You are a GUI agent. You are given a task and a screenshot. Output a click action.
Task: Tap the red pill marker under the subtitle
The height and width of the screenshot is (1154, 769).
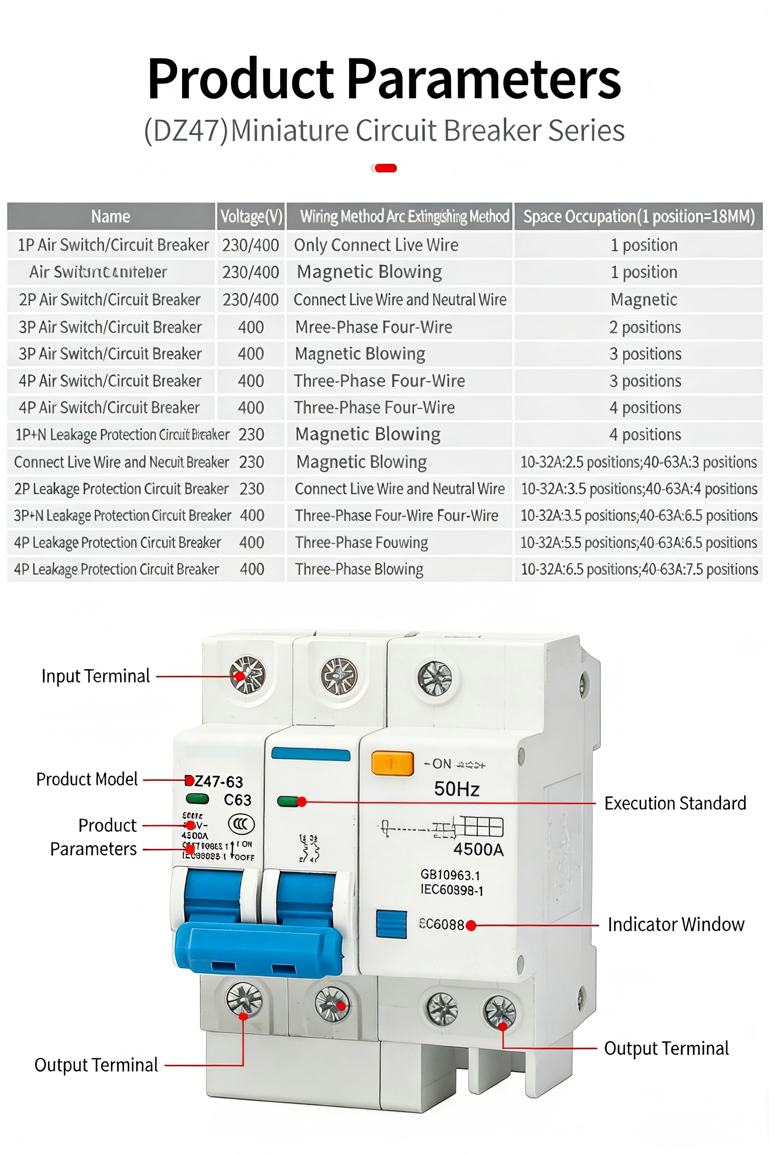pyautogui.click(x=385, y=168)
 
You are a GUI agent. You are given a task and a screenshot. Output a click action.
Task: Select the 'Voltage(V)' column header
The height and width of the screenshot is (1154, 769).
pyautogui.click(x=251, y=216)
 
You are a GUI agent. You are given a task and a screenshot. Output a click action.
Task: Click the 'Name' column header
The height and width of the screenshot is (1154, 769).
pyautogui.click(x=111, y=216)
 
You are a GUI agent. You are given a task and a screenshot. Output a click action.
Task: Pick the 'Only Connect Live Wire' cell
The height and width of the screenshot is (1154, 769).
pyautogui.click(x=376, y=245)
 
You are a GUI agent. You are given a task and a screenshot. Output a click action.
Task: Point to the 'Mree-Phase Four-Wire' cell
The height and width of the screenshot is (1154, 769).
pyautogui.click(x=374, y=327)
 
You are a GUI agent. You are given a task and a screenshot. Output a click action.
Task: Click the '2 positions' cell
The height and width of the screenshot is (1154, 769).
pyautogui.click(x=645, y=327)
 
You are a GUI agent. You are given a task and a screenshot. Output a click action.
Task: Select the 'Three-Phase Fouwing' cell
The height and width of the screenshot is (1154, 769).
pyautogui.click(x=362, y=542)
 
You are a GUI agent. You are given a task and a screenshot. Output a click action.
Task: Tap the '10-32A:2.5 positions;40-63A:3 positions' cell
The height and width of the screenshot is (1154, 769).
pyautogui.click(x=638, y=462)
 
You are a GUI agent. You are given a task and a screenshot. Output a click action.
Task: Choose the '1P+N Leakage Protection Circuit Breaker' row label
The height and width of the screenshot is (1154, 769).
pyautogui.click(x=122, y=435)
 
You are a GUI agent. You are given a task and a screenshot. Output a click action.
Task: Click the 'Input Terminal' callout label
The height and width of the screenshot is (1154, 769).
pyautogui.click(x=96, y=676)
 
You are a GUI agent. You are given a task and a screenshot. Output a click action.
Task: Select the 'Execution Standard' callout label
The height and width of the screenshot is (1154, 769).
pyautogui.click(x=675, y=803)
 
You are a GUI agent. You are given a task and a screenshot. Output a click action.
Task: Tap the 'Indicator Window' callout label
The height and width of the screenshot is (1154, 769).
pyautogui.click(x=676, y=924)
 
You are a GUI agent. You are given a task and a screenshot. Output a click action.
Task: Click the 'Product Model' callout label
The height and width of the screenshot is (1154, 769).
pyautogui.click(x=87, y=779)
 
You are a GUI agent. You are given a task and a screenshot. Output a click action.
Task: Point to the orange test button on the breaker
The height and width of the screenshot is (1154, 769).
pyautogui.click(x=392, y=763)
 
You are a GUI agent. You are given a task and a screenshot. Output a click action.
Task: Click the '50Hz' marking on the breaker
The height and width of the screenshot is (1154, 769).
pyautogui.click(x=457, y=789)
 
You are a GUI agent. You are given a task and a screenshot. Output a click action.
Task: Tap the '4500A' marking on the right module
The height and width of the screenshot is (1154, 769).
pyautogui.click(x=478, y=849)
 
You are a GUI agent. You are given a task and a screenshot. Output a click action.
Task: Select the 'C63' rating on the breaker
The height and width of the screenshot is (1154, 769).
pyautogui.click(x=237, y=800)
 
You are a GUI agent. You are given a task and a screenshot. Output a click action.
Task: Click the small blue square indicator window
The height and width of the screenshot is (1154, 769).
pyautogui.click(x=391, y=924)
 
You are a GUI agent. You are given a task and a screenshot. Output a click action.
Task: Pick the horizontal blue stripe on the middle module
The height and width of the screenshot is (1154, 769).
pyautogui.click(x=311, y=754)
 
